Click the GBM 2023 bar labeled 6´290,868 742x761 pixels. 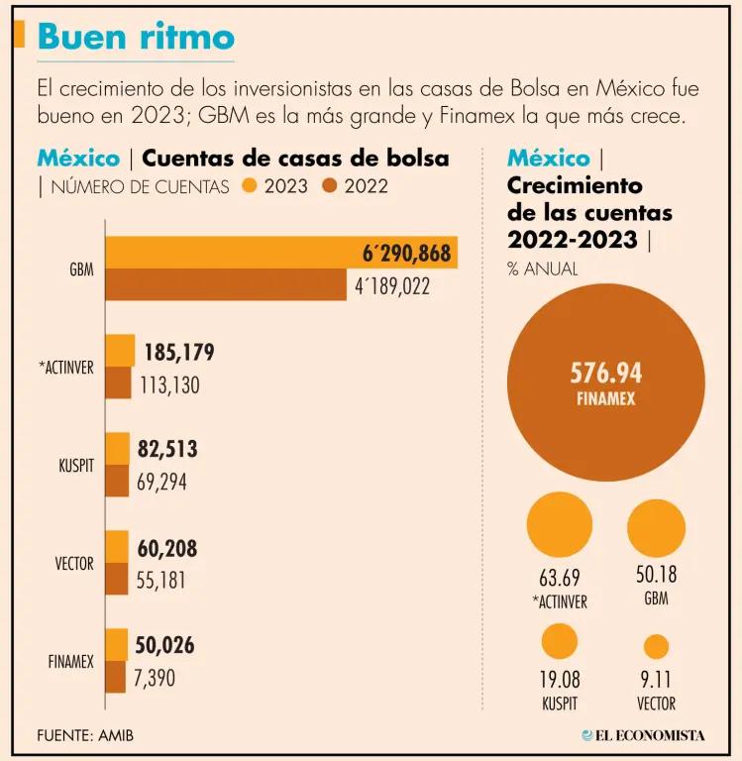[281, 253]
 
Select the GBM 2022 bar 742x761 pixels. [226, 284]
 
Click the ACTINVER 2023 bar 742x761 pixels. [120, 351]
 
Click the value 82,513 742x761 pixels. [167, 449]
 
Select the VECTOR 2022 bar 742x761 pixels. [117, 580]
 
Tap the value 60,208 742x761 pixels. [166, 548]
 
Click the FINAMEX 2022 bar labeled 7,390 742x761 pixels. [116, 678]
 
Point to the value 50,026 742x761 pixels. [164, 646]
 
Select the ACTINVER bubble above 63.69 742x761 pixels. [560, 524]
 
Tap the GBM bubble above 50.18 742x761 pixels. [657, 527]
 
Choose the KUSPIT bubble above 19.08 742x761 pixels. [560, 641]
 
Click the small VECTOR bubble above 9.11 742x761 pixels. [657, 646]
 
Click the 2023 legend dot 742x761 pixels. [251, 185]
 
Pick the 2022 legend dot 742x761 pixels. [330, 185]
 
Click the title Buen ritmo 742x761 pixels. [136, 37]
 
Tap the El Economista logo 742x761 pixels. [644, 735]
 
